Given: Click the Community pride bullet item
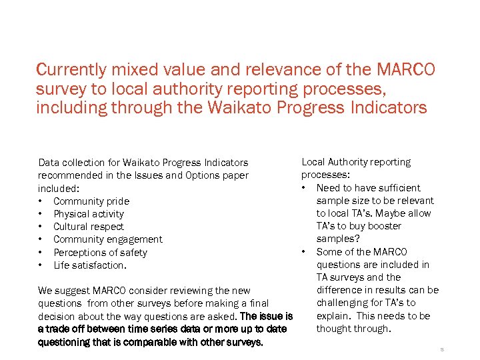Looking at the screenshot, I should pos(91,201).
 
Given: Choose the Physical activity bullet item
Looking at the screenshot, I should pos(88,214).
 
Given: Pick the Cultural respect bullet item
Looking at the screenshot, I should pos(88,227).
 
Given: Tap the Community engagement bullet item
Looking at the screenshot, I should pos(107,239).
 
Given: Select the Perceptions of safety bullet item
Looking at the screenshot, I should pos(100,253).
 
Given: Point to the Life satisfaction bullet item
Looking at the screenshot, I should pos(89,265).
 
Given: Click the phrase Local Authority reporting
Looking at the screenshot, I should pos(356,162).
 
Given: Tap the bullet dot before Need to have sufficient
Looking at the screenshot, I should pos(304,188).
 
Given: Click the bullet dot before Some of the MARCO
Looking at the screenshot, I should pos(304,252).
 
